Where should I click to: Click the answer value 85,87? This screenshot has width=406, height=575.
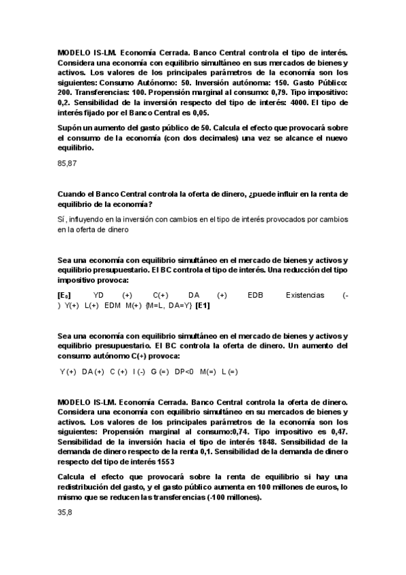68,163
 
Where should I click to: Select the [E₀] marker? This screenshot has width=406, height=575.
65,295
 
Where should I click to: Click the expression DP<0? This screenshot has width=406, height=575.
184,372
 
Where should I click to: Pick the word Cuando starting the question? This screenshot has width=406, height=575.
74,193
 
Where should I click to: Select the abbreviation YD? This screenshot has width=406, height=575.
99,295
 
